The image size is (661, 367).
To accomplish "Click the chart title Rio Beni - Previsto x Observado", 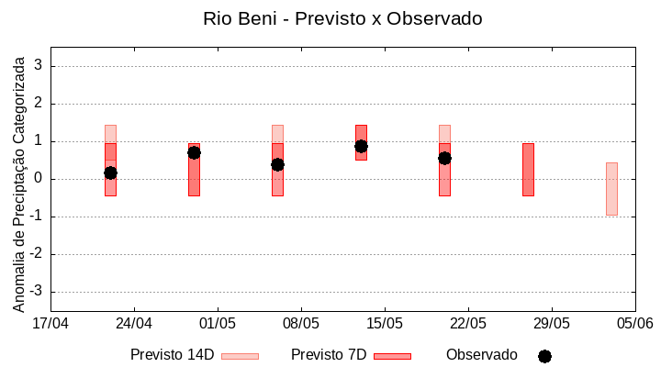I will (x=342, y=18).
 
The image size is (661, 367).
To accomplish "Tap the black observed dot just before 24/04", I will (x=110, y=172).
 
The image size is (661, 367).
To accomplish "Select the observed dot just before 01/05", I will (x=194, y=152).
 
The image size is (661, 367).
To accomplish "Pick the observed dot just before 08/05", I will (x=277, y=164).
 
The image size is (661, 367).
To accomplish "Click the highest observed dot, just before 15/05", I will (x=361, y=146).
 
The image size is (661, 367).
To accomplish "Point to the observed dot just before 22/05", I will (x=444, y=158).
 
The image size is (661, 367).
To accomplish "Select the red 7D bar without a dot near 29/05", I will (x=528, y=170).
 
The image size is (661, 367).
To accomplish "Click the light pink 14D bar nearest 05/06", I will (x=611, y=188).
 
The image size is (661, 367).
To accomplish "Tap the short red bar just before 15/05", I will (x=361, y=142).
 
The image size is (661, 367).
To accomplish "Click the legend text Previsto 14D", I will (x=172, y=355).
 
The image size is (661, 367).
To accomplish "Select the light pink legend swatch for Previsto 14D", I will (x=240, y=356).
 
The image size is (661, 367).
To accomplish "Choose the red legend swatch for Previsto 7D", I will (x=392, y=356).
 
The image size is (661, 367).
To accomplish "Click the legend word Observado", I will (x=482, y=355).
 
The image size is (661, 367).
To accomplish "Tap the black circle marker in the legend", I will (x=544, y=356).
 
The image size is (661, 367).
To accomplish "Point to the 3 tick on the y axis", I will (x=39, y=66).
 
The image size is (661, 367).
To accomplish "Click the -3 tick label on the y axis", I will (x=36, y=292).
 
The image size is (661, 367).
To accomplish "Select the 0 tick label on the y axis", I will (x=39, y=179).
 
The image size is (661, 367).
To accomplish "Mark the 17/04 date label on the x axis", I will (x=50, y=323).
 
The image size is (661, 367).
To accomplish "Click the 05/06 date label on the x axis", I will (x=634, y=323).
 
